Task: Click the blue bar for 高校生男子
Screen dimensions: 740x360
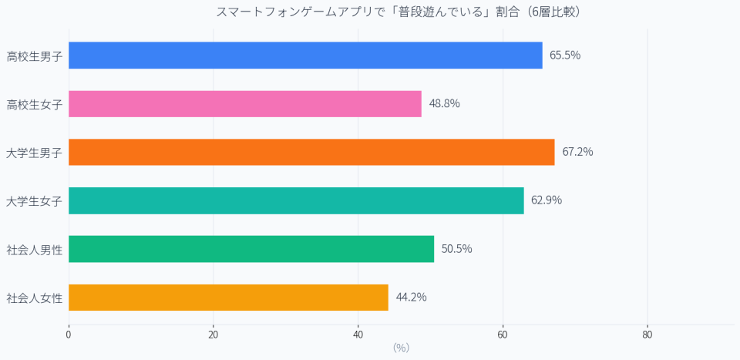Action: (305, 56)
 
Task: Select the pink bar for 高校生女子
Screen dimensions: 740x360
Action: (245, 104)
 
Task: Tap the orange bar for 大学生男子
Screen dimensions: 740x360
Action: (311, 152)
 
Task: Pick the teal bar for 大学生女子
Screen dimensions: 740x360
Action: (296, 200)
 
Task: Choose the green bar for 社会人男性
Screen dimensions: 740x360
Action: (251, 249)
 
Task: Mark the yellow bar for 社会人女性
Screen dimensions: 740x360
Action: (228, 298)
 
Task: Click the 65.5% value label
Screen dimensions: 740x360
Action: (565, 56)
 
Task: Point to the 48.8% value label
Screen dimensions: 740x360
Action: (444, 104)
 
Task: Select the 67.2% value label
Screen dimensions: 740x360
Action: (577, 152)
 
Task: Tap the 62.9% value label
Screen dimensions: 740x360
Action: (547, 200)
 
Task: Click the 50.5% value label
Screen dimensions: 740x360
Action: (456, 249)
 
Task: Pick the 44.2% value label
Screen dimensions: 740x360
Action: (411, 298)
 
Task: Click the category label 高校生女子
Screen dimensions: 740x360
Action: (35, 104)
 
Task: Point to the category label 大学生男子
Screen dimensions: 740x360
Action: (35, 153)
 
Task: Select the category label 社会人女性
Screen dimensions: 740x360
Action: (35, 298)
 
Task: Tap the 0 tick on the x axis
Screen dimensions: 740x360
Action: (69, 335)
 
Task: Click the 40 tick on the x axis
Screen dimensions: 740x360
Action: (358, 335)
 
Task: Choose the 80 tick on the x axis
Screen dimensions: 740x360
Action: (647, 335)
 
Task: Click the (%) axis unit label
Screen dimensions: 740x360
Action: (401, 348)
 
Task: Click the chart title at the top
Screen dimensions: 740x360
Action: (398, 12)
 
